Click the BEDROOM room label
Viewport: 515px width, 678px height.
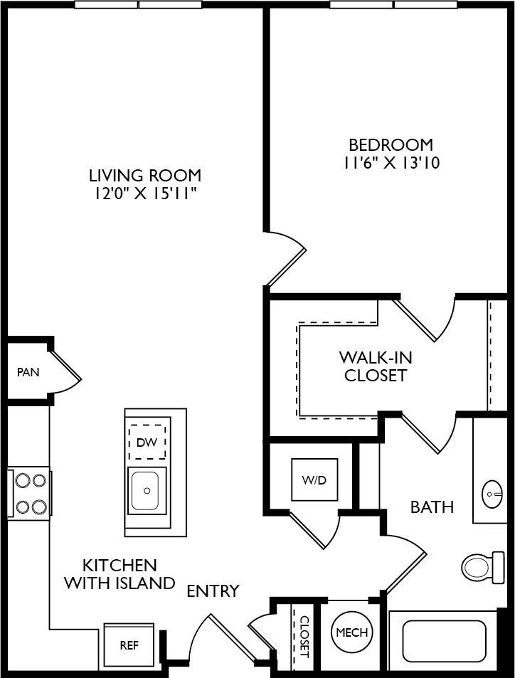[391, 144]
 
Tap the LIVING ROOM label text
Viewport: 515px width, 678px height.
[145, 176]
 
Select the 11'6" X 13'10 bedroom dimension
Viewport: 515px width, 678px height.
[392, 163]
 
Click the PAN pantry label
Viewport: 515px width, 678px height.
[28, 372]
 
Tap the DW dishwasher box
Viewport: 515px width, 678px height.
[147, 442]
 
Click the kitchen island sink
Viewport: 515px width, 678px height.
[147, 491]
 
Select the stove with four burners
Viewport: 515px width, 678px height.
[29, 493]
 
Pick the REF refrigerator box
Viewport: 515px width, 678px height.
[129, 645]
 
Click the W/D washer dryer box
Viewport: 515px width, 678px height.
[314, 480]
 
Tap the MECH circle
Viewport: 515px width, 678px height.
[352, 632]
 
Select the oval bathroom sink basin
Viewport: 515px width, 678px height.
[492, 494]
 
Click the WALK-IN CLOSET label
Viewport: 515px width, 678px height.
[376, 366]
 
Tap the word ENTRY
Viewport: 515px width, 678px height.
[213, 590]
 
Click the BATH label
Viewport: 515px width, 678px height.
[432, 507]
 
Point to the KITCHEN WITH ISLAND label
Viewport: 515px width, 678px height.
[120, 574]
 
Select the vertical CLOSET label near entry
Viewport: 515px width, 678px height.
[305, 637]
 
